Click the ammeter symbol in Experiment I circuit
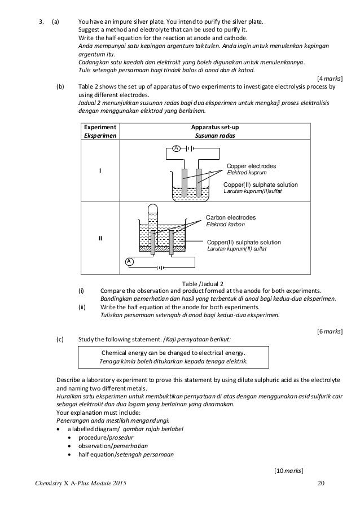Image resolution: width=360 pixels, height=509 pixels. tap(176, 148)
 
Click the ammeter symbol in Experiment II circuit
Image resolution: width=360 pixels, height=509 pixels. tap(129, 262)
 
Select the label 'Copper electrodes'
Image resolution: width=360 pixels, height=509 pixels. tap(251, 166)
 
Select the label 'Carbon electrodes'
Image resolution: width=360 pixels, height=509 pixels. tap(230, 217)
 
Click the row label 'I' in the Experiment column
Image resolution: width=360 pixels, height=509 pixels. tap(100, 172)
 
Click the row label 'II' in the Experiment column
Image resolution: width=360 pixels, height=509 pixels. tap(100, 238)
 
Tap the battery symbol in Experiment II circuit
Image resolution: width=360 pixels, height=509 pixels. tap(162, 267)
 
